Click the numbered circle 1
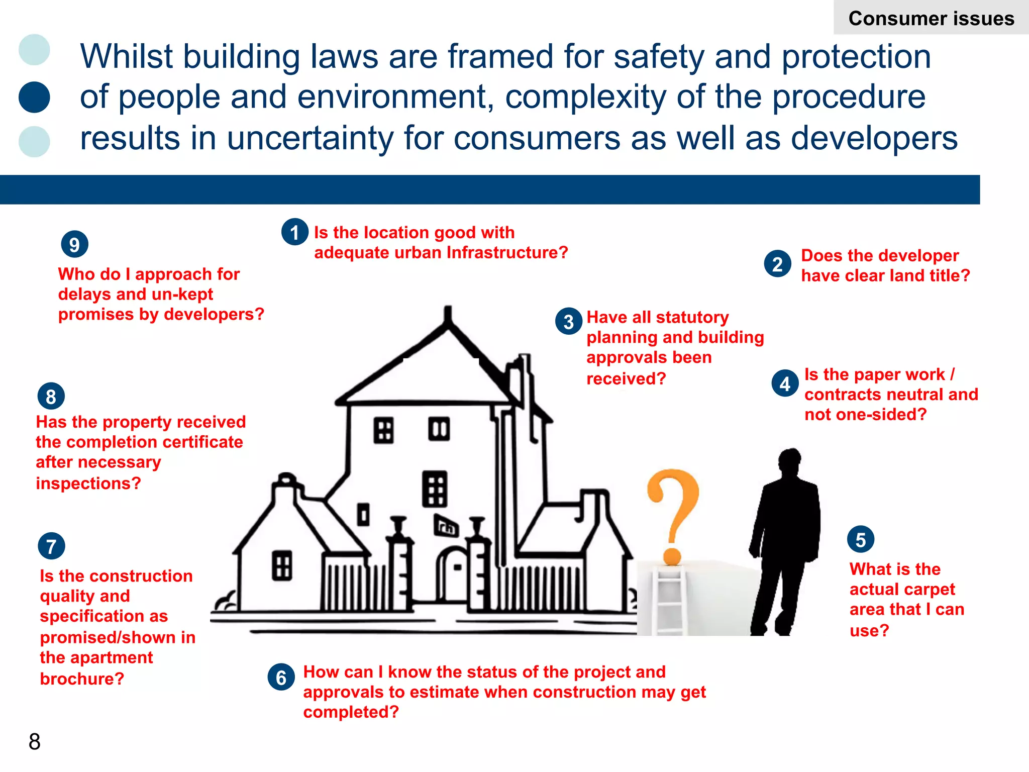tap(295, 232)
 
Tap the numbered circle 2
tap(777, 264)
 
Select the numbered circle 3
tap(569, 322)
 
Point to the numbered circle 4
tap(785, 384)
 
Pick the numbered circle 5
tap(861, 540)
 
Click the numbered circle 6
tap(281, 678)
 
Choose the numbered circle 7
tap(51, 546)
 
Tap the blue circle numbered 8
tap(51, 397)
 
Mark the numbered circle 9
tap(74, 245)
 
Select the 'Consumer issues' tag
tap(931, 18)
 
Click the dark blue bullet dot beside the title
tap(34, 97)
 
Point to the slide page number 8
tap(34, 741)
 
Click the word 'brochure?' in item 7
tap(82, 679)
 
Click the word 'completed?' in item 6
tap(351, 712)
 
